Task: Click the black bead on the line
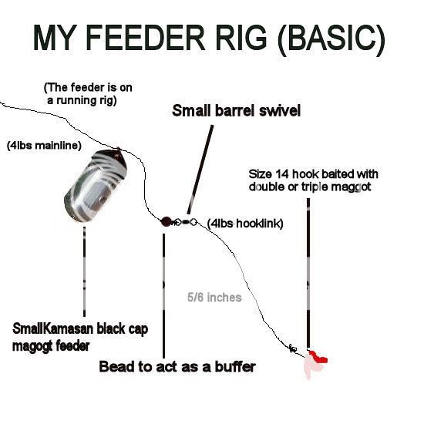(x=166, y=221)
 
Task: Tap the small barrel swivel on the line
(x=186, y=222)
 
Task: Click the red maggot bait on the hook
(x=316, y=358)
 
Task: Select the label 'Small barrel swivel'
(x=236, y=111)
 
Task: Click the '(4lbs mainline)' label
(x=43, y=145)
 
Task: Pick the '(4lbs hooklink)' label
(x=245, y=224)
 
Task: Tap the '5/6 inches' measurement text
(x=214, y=297)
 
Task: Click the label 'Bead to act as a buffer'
(x=177, y=367)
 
